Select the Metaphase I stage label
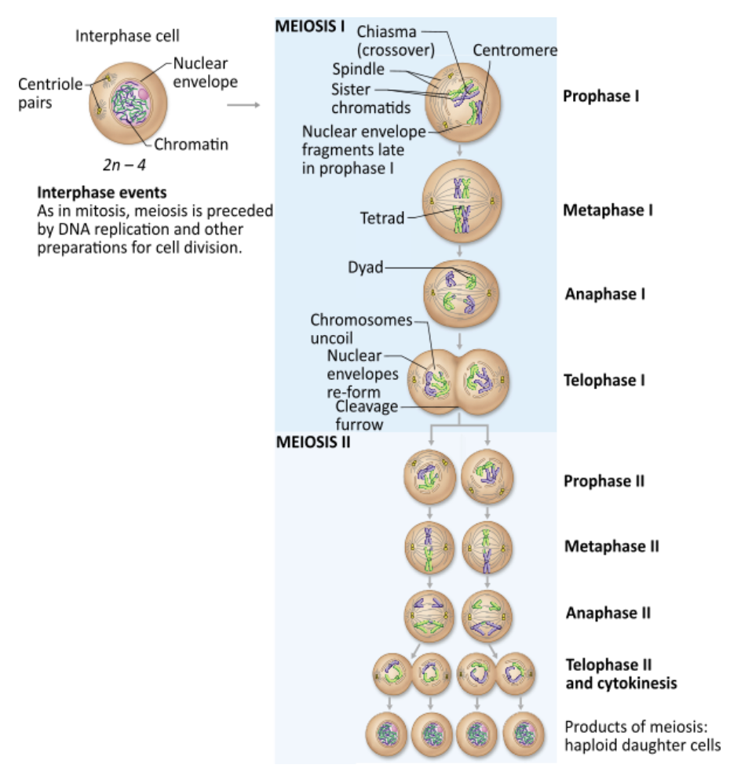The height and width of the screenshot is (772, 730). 608,210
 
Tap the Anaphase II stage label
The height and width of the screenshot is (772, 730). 608,613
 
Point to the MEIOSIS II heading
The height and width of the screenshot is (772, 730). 313,442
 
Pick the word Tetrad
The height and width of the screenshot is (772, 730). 382,217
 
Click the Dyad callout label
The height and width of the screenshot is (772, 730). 365,268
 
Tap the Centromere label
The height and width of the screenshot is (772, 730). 514,50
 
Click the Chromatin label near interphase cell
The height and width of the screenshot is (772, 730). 191,144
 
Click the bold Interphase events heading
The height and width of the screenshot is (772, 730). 101,192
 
